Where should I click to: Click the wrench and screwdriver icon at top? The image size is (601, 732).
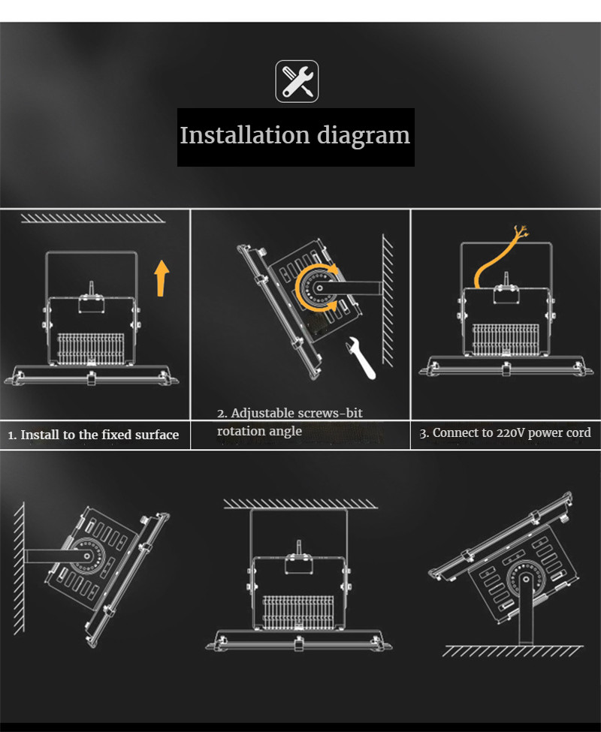coord(297,81)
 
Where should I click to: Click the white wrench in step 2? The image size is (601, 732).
coord(358,359)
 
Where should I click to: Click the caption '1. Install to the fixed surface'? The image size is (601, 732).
coord(94,435)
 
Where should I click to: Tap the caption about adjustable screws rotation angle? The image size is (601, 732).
coord(290,422)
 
